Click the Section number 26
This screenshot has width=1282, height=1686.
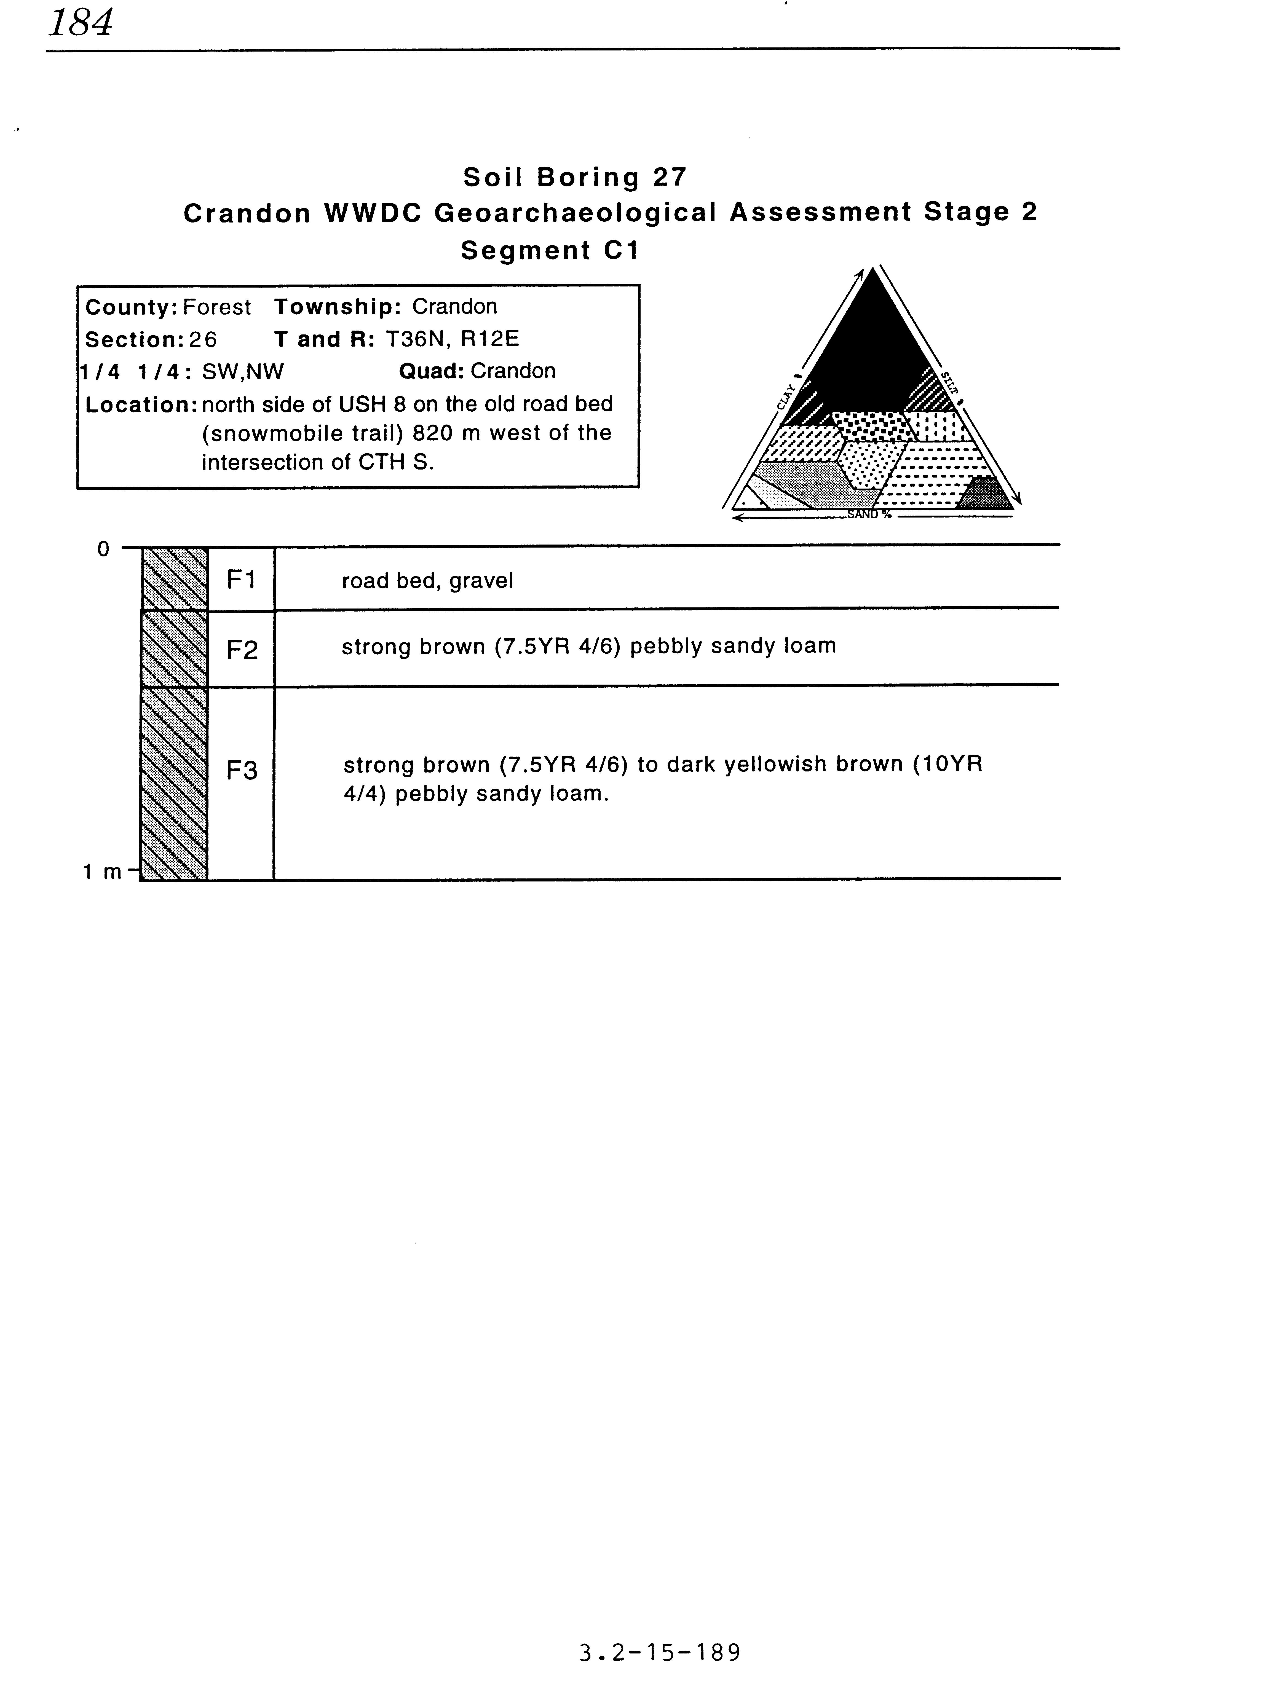coord(204,339)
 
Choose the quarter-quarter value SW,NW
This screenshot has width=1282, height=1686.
coord(243,372)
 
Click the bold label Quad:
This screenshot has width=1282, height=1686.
coord(431,372)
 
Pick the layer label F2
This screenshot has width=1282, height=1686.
coord(242,650)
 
